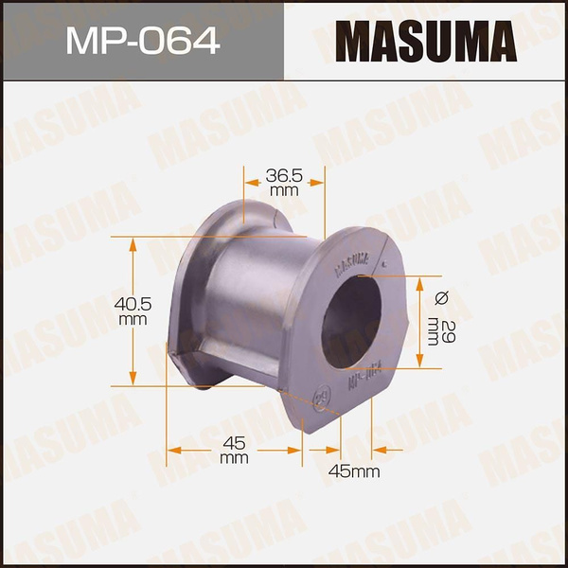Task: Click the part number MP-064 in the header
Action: (141, 41)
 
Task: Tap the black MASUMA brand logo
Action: (427, 41)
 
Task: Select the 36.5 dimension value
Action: (284, 176)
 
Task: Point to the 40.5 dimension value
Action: (133, 305)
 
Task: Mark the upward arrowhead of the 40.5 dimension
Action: (133, 242)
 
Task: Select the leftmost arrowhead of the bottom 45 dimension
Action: (172, 449)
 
